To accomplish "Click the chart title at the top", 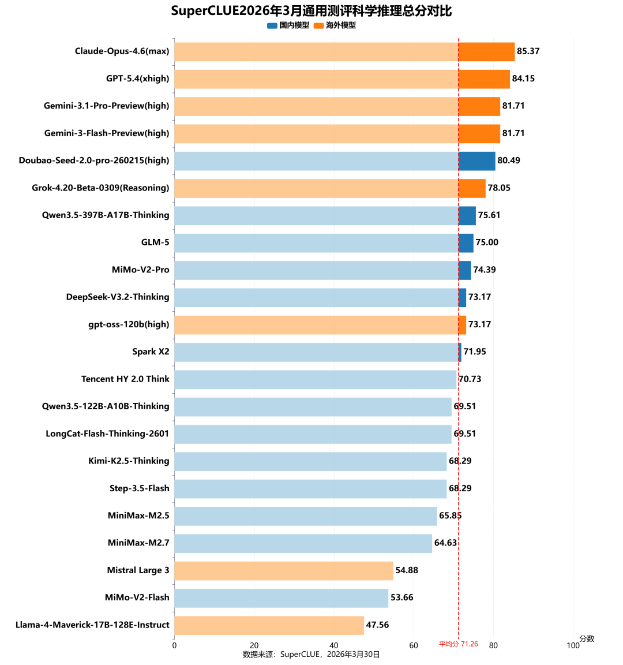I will tap(311, 11).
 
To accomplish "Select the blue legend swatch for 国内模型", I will tap(272, 25).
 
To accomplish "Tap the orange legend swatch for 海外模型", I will tap(318, 25).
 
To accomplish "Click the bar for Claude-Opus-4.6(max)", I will tap(344, 51).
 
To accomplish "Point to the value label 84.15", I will tap(523, 79).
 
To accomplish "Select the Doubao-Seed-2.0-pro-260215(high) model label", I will tap(94, 160).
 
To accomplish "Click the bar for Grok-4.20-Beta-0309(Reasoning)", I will tap(330, 188).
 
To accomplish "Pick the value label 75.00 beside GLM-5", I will tap(487, 242).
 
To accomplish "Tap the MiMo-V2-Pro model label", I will tap(141, 270).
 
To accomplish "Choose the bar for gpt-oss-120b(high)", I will tap(320, 324).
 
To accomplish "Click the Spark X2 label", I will tap(151, 352).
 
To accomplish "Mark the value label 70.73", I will tap(470, 379).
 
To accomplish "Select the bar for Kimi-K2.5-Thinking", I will tap(310, 461).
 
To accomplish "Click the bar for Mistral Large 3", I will tap(284, 571).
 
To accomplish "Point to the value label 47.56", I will tap(377, 625).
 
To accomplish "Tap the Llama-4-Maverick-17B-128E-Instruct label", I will tap(92, 625).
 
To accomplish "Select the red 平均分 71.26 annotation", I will tap(459, 644).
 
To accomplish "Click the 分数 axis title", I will tap(587, 638).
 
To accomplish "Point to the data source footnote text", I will tap(311, 655).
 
